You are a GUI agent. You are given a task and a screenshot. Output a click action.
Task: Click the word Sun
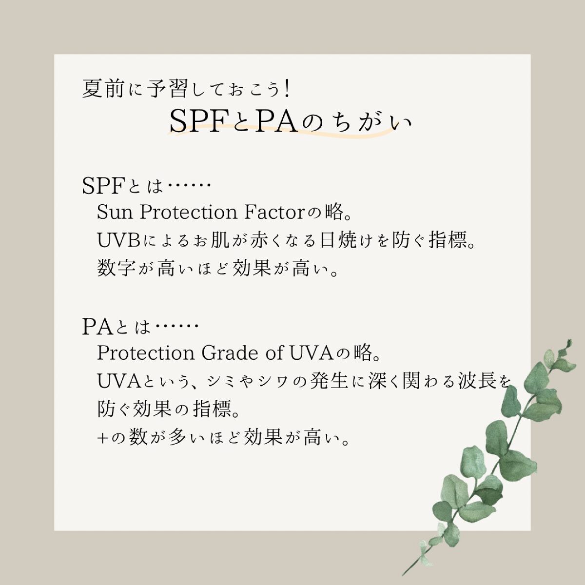click(x=114, y=213)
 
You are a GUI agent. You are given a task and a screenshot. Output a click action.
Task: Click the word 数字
click(x=116, y=269)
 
